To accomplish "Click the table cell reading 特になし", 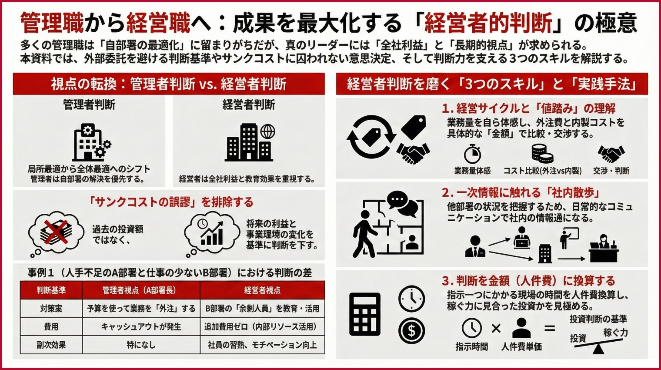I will coord(141,345).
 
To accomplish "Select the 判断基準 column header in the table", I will coord(51,290).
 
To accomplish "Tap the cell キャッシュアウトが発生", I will coord(141,326).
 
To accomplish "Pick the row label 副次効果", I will coord(51,345).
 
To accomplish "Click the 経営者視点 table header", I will coord(262,290).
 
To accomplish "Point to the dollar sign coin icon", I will coord(411,331).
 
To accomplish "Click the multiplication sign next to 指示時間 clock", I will coord(496,328).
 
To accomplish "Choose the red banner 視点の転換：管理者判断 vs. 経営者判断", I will coord(169,84).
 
